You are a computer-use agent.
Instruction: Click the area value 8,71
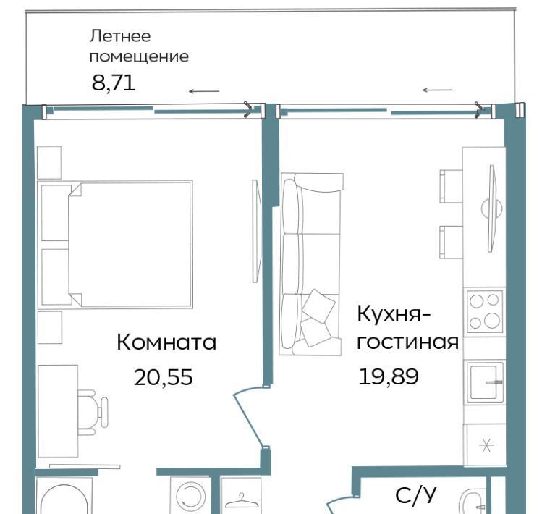pyautogui.click(x=114, y=83)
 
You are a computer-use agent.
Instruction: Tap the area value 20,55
pyautogui.click(x=163, y=377)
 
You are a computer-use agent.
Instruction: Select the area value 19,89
pyautogui.click(x=389, y=376)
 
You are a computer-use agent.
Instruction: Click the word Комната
pyautogui.click(x=166, y=342)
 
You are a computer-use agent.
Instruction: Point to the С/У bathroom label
pyautogui.click(x=416, y=495)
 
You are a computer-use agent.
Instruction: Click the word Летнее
pyautogui.click(x=120, y=36)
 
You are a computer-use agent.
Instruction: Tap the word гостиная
pyautogui.click(x=408, y=342)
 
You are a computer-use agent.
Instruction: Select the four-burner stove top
pyautogui.click(x=484, y=313)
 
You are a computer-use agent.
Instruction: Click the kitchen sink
pyautogui.click(x=485, y=382)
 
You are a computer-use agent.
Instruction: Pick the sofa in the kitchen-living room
pyautogui.click(x=311, y=264)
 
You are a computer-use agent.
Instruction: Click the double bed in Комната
pyautogui.click(x=115, y=244)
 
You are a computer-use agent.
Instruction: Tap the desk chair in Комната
pyautogui.click(x=93, y=412)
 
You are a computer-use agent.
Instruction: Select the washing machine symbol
pyautogui.click(x=191, y=495)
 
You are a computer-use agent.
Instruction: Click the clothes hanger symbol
pyautogui.click(x=241, y=500)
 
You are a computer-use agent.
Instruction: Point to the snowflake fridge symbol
pyautogui.click(x=486, y=445)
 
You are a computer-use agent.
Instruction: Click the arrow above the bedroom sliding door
pyautogui.click(x=204, y=91)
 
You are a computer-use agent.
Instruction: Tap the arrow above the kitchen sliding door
pyautogui.click(x=438, y=90)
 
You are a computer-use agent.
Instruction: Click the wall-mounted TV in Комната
pyautogui.click(x=255, y=231)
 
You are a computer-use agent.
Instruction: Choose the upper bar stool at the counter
pyautogui.click(x=451, y=186)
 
